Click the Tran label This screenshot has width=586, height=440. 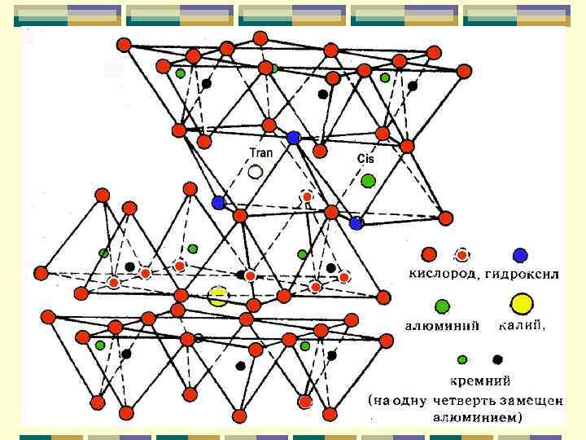click(260, 152)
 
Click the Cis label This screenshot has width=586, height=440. click(365, 159)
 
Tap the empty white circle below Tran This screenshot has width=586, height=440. click(256, 172)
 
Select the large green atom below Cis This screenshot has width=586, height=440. click(368, 180)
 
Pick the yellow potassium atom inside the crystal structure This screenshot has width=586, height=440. click(217, 297)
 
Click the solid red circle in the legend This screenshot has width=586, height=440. click(429, 255)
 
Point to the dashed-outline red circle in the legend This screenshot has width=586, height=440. click(461, 255)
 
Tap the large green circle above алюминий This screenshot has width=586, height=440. click(442, 306)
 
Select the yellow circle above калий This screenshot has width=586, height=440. click(521, 305)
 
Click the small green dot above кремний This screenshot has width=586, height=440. click(462, 359)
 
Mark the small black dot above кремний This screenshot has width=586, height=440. click(497, 359)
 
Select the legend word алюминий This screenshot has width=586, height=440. click(441, 327)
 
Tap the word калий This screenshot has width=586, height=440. click(522, 326)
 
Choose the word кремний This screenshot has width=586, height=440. click(480, 380)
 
